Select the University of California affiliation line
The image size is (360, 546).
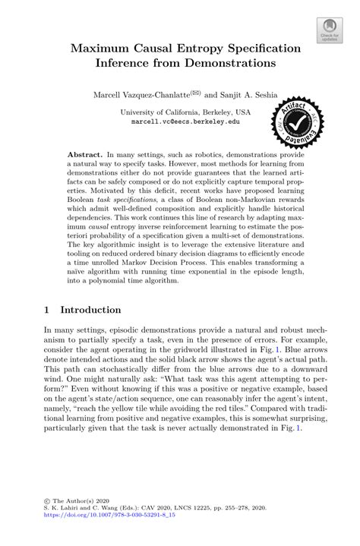tap(180, 111)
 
